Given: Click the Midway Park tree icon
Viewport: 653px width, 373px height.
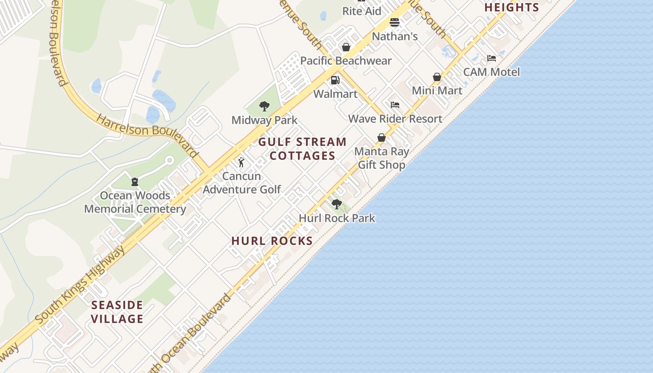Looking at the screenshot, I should [264, 106].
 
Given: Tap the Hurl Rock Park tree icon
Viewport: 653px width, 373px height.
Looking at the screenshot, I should [336, 204].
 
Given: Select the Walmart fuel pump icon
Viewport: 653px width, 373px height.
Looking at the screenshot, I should [335, 80].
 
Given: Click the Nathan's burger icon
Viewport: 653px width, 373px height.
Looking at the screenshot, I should [395, 22].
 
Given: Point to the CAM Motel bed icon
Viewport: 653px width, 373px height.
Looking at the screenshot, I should [492, 58].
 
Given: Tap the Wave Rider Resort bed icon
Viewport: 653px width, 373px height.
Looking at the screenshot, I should [395, 105].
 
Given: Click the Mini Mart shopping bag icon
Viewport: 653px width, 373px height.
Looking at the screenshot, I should [437, 77].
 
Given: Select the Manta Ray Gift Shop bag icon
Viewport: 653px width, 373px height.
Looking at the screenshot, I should [382, 138].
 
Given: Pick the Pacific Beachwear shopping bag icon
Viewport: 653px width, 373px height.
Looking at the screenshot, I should [346, 47].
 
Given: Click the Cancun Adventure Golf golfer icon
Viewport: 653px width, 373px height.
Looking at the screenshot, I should [241, 162].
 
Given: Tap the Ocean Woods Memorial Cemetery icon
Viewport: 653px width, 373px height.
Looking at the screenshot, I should [135, 181].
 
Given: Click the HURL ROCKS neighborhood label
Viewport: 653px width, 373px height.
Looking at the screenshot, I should [272, 241].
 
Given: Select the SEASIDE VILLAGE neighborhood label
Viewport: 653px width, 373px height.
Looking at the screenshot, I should [117, 312].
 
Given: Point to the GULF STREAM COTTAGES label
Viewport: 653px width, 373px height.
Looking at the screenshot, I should [302, 149].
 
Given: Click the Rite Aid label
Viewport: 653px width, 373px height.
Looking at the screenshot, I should [362, 11].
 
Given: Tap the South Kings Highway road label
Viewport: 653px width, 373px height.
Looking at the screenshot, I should [80, 284].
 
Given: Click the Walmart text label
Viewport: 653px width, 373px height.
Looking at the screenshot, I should [335, 94].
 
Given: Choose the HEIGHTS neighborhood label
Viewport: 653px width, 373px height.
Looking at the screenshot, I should [512, 7].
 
